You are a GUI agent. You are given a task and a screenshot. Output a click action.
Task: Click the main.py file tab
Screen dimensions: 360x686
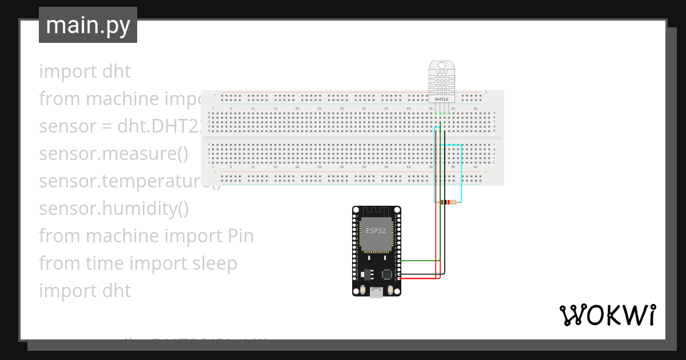[x=87, y=25]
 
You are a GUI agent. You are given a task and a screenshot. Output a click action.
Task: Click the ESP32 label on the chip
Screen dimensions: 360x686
[x=376, y=231]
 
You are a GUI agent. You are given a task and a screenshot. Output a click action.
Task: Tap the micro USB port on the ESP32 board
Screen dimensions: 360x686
[x=376, y=293]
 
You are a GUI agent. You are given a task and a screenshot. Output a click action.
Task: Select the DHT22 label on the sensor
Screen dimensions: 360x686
[x=441, y=99]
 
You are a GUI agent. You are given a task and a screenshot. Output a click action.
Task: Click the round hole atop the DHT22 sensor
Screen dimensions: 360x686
[x=441, y=67]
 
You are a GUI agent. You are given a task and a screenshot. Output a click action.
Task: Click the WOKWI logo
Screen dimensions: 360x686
[x=607, y=315]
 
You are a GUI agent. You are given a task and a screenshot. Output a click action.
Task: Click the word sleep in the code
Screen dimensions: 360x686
[x=214, y=263]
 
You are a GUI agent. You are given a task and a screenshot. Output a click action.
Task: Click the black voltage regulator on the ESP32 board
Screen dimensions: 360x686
[x=366, y=274]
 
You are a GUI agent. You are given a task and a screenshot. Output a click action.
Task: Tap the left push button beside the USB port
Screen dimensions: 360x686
[x=362, y=291]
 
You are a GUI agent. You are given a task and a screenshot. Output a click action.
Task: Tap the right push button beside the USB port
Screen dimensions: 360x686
[x=390, y=291]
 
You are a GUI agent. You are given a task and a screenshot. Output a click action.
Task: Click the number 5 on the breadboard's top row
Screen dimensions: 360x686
[x=231, y=108]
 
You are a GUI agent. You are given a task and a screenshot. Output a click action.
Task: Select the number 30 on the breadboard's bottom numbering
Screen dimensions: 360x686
[x=342, y=167]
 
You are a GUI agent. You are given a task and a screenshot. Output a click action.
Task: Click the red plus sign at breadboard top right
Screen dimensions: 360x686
[x=486, y=93]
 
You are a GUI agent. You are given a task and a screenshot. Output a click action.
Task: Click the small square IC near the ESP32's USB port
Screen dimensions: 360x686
[x=387, y=274]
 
